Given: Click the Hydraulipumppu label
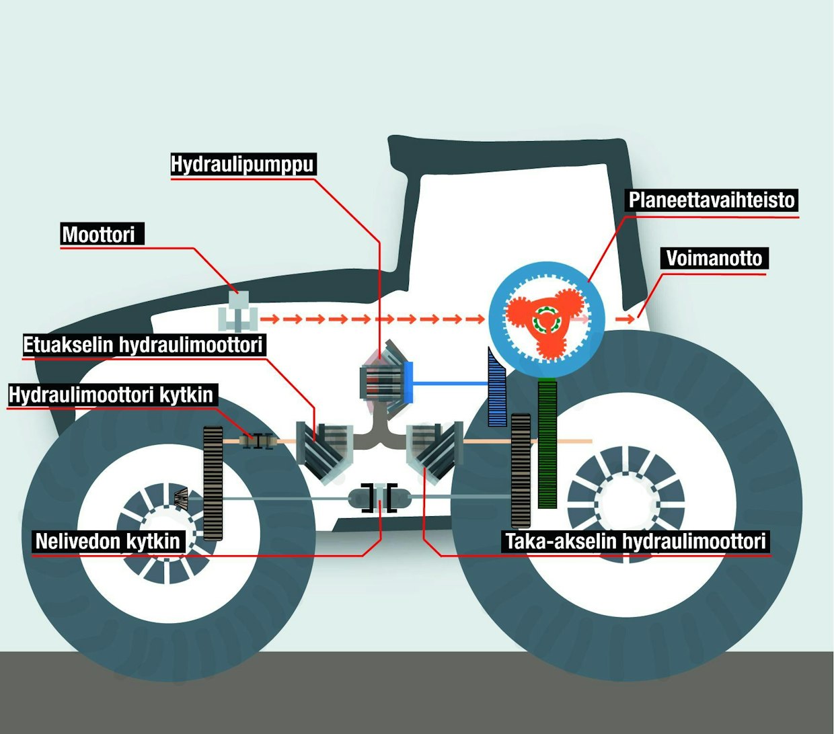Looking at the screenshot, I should point(242,165).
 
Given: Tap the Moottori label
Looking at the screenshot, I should point(99,235).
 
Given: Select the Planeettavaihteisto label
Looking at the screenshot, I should point(712,200).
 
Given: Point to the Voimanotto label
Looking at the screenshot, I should point(714,258).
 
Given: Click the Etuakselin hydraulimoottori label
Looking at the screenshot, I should point(143,345).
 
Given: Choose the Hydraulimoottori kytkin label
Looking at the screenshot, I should point(112,395).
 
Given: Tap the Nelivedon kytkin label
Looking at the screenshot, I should point(108,541).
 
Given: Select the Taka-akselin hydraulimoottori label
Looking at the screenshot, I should point(636,541).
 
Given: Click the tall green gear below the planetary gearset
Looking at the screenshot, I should point(547,444).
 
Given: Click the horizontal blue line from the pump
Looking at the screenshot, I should point(449,383).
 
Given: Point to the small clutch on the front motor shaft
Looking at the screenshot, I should point(257,441).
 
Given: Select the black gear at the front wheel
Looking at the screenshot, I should point(213,483).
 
